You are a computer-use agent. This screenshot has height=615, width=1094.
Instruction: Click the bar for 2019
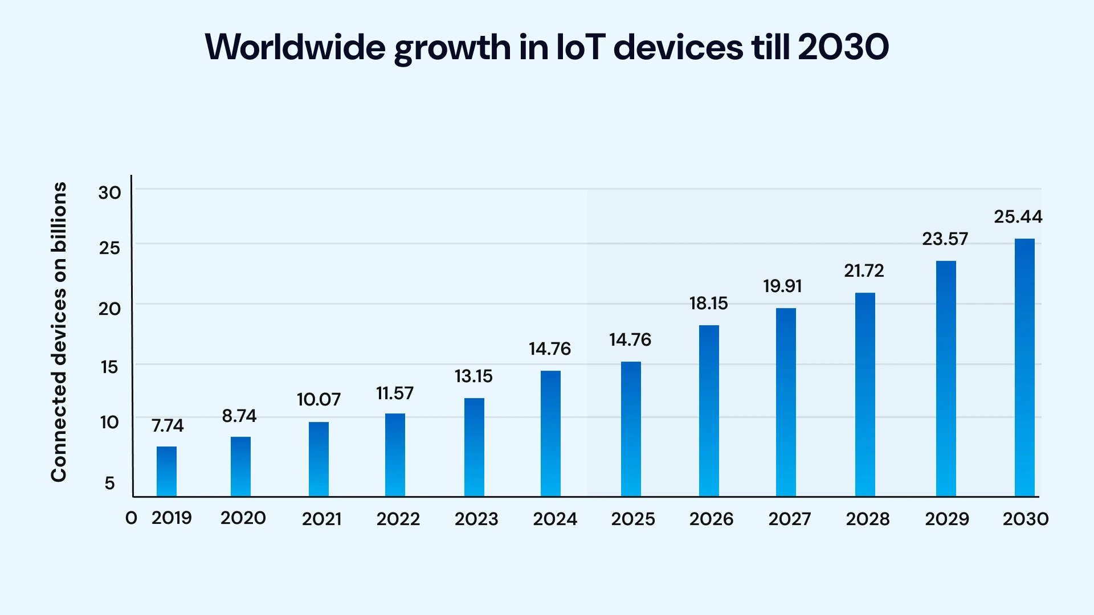[166, 471]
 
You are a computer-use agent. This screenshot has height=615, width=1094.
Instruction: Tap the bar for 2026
[709, 411]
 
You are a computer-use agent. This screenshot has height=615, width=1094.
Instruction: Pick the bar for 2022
[395, 455]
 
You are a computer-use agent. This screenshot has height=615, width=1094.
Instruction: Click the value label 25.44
[1018, 217]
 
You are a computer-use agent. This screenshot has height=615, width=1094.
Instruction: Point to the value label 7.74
[168, 426]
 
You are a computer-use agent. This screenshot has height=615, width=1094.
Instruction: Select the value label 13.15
[473, 376]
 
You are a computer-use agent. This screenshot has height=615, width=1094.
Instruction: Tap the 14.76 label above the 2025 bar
[630, 340]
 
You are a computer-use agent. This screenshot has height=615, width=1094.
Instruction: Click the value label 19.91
[782, 286]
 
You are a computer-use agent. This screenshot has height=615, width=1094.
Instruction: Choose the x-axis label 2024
[555, 519]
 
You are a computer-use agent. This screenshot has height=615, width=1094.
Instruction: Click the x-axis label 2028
[868, 519]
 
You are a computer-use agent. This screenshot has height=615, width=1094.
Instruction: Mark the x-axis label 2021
[321, 519]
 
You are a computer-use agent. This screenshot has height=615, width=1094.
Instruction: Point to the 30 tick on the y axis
[109, 193]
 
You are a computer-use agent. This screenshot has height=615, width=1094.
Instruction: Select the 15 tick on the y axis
[109, 367]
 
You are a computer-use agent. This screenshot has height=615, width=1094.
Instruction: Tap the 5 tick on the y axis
[109, 483]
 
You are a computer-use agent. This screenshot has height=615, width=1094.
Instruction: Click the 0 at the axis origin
[131, 518]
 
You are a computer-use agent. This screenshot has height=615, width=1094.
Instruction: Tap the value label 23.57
[945, 239]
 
